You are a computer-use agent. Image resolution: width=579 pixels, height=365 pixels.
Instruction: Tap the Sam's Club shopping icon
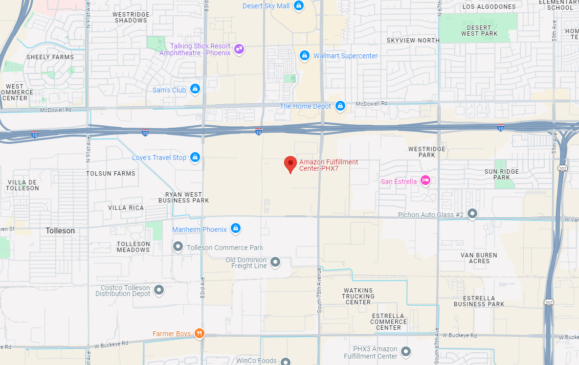pyautogui.click(x=195, y=90)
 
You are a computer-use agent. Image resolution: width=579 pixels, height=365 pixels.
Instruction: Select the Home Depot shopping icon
pyautogui.click(x=340, y=106)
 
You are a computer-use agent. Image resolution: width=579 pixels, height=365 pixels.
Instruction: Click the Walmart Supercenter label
pyautogui.click(x=345, y=56)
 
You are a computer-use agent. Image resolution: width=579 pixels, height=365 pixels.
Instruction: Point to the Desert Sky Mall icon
pyautogui.click(x=299, y=6)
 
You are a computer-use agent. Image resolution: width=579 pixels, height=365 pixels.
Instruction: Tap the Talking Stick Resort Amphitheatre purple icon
pyautogui.click(x=239, y=49)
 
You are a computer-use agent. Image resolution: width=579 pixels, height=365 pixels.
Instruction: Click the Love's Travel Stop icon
pyautogui.click(x=195, y=157)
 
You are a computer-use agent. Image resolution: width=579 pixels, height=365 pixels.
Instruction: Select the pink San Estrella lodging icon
pyautogui.click(x=425, y=181)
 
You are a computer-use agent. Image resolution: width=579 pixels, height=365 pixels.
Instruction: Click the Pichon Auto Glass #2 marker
pyautogui.click(x=472, y=214)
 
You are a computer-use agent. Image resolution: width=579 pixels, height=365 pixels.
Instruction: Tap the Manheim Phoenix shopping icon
pyautogui.click(x=236, y=228)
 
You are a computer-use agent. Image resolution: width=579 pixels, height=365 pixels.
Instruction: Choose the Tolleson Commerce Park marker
pyautogui.click(x=178, y=247)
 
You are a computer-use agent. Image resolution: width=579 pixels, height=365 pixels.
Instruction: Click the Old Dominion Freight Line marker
pyautogui.click(x=275, y=262)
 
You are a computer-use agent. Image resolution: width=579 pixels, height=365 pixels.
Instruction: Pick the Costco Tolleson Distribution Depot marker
pyautogui.click(x=159, y=290)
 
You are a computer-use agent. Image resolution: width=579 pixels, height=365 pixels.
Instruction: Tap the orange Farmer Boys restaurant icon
pyautogui.click(x=199, y=333)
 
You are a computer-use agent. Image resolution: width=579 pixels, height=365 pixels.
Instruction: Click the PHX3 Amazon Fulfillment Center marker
pyautogui.click(x=405, y=351)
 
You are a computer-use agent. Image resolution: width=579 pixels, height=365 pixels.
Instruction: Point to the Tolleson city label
pyautogui.click(x=60, y=230)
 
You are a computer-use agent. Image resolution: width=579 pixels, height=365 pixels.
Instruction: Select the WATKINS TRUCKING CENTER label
pyautogui.click(x=358, y=296)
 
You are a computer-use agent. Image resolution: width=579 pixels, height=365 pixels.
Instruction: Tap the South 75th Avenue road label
pyautogui.click(x=319, y=290)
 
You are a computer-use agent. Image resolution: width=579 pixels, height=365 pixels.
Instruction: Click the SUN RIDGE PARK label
pyautogui.click(x=502, y=174)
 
